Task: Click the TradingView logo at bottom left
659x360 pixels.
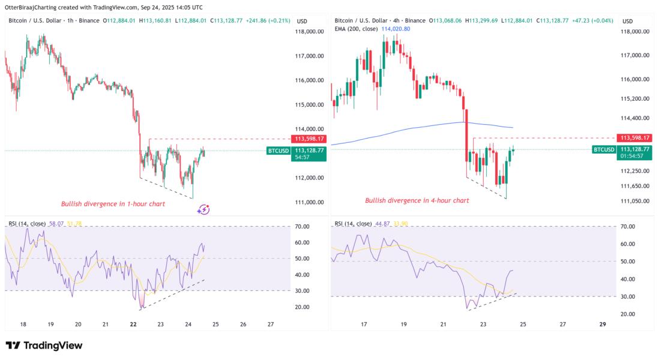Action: [x=44, y=346]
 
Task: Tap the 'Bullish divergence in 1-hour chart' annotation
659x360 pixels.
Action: [x=113, y=204]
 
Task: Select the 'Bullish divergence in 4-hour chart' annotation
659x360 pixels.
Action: [x=417, y=200]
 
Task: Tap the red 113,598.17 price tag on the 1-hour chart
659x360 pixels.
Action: [x=308, y=139]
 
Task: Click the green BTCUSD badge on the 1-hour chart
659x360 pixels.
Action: [x=278, y=151]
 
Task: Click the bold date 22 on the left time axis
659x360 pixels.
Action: [x=133, y=325]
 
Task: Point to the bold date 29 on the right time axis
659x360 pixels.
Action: [x=603, y=324]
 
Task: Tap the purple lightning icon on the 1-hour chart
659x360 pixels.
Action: [x=203, y=209]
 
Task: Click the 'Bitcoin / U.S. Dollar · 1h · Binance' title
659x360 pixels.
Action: [x=53, y=21]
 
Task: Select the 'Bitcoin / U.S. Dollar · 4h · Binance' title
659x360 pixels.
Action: [x=380, y=21]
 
